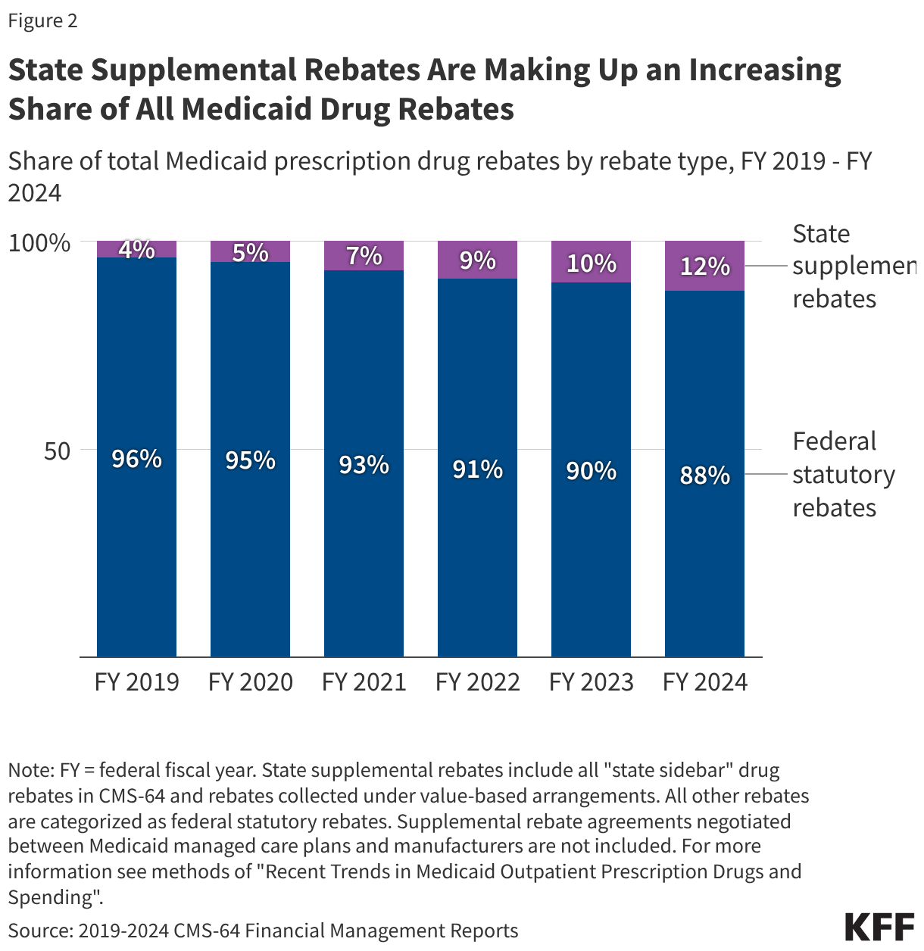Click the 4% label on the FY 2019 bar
[136, 249]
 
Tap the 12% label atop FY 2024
[704, 267]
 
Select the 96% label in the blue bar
[136, 459]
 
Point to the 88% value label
[704, 475]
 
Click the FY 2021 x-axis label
[364, 682]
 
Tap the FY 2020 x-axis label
[250, 682]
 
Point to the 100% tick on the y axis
[39, 243]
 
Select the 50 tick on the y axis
[56, 451]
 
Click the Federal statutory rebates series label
[843, 475]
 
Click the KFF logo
[879, 927]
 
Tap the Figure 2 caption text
[42, 20]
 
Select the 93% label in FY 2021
[364, 465]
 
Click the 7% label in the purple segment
[364, 256]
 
